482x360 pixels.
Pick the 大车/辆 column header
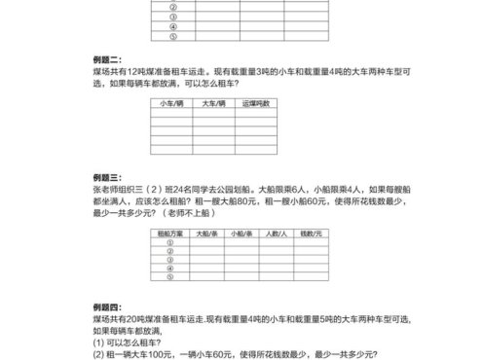pyautogui.click(x=214, y=102)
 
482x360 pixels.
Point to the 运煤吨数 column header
pyautogui.click(x=258, y=102)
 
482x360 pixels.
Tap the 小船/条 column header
pyautogui.click(x=241, y=234)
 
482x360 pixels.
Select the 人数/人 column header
pyautogui.click(x=277, y=234)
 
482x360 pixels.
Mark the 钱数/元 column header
pyautogui.click(x=312, y=234)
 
